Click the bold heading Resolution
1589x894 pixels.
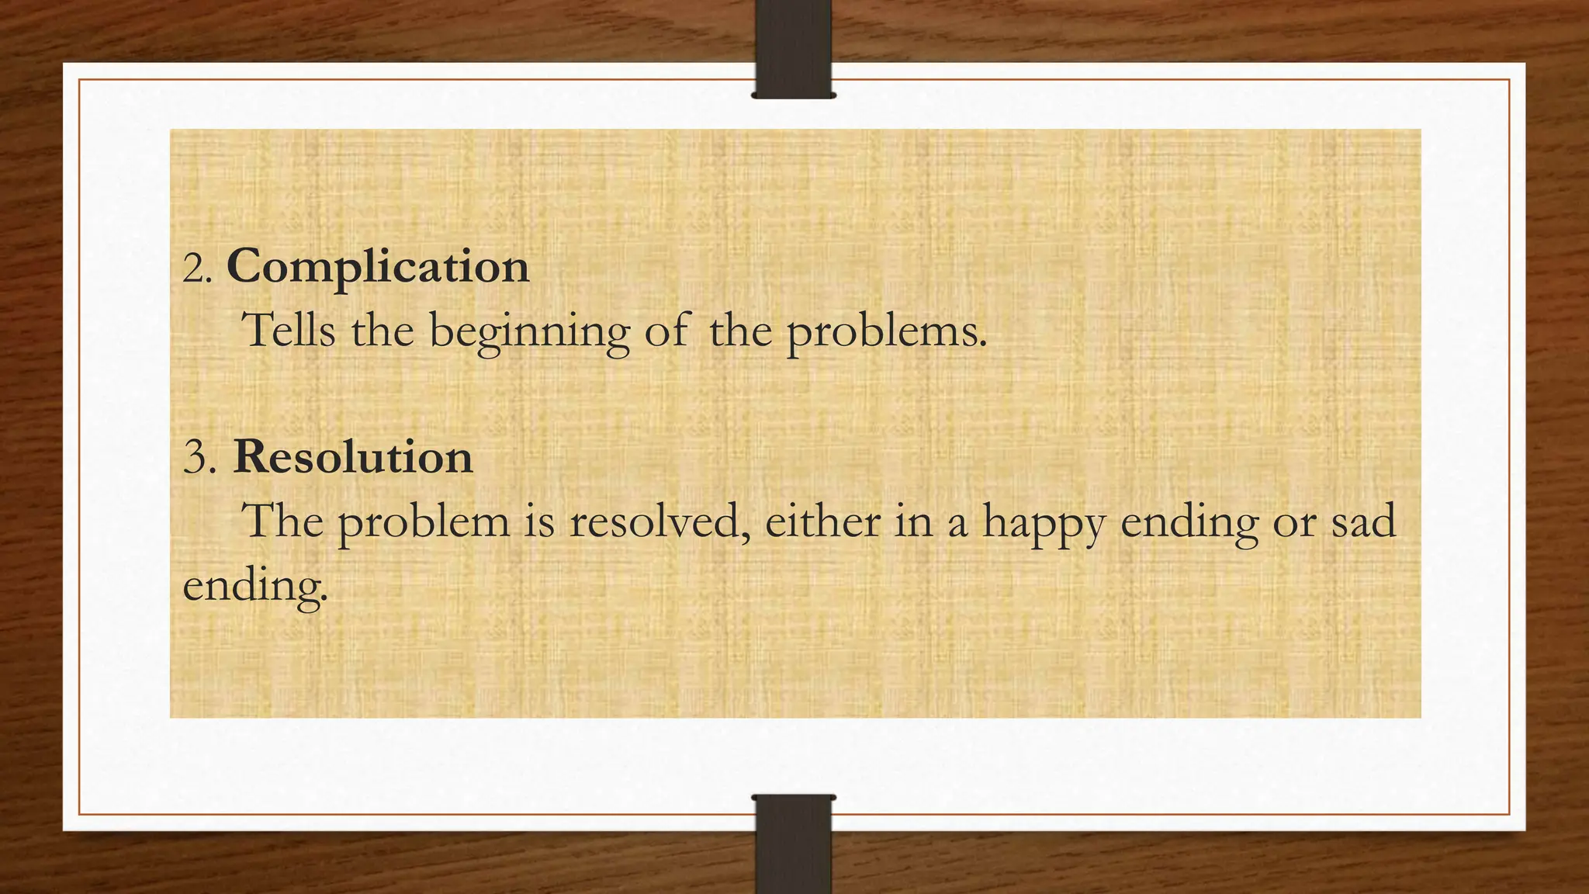(x=352, y=457)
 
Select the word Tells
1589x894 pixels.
(x=289, y=330)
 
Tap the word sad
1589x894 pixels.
(x=1363, y=521)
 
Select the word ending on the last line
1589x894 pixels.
(x=254, y=587)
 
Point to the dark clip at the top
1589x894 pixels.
(x=793, y=48)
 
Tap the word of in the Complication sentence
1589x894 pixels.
(x=666, y=331)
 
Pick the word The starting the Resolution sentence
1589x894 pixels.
(x=282, y=520)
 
